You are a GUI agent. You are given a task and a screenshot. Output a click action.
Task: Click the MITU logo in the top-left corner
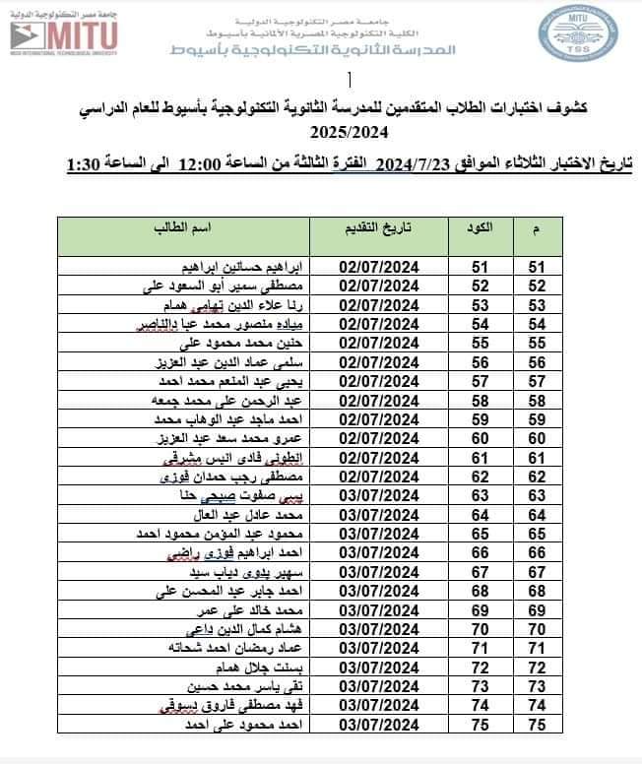(x=64, y=36)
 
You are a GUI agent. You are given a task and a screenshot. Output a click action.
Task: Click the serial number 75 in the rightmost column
(x=537, y=727)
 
